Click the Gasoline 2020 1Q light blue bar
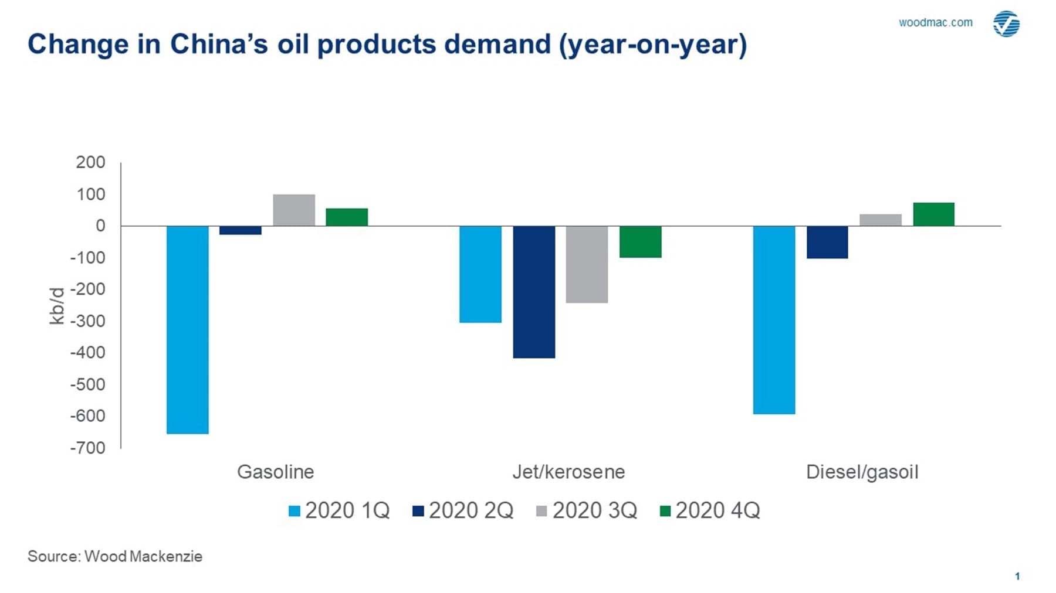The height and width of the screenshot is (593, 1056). point(187,329)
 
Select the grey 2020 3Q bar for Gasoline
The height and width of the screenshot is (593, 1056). point(294,210)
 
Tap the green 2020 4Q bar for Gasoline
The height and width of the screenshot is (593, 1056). point(347,217)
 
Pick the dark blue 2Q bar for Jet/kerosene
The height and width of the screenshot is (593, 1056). point(534,291)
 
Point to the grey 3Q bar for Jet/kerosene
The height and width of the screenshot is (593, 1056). point(587,264)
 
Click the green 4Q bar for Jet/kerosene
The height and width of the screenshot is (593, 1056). point(640,241)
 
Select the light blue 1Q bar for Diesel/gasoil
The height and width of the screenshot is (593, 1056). point(774,319)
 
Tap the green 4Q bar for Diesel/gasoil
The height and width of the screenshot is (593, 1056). point(933,214)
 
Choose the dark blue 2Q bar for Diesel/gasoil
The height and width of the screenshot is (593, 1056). point(827,242)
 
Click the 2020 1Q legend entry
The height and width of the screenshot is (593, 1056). point(339,510)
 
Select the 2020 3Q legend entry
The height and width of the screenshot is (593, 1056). point(587,510)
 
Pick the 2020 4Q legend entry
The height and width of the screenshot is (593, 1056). point(710,510)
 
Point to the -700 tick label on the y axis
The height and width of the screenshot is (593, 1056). point(87,448)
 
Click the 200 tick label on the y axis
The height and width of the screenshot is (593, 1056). point(90,162)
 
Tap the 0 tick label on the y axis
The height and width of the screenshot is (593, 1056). point(100,226)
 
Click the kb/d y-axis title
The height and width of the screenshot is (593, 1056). point(57,306)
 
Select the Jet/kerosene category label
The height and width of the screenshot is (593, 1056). point(568,472)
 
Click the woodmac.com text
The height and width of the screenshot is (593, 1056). point(935,22)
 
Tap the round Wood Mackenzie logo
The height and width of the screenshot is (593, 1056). point(1006,23)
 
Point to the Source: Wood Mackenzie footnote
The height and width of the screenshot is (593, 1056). point(115,556)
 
